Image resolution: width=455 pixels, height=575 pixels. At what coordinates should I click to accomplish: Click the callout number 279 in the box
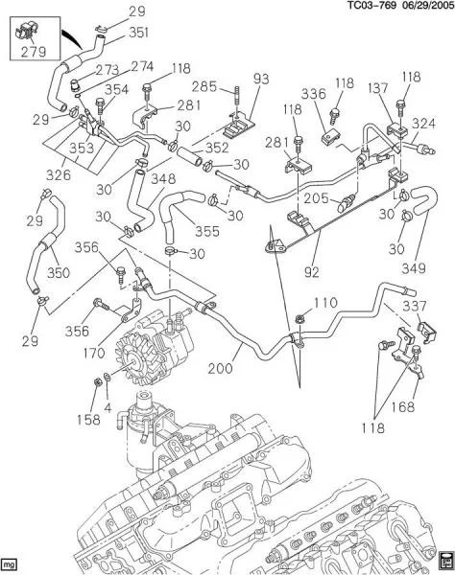pos(34,52)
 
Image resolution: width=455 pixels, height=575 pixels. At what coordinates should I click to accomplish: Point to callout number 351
pos(138,33)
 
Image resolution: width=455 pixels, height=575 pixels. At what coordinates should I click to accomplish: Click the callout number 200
pos(221,369)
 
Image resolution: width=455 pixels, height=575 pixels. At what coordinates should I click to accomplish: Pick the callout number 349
pos(414,268)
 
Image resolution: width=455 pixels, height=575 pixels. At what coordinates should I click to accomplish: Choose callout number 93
pos(261,79)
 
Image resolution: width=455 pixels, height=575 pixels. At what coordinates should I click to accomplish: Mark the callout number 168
pos(402,406)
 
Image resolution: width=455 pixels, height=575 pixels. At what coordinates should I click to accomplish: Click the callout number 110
pos(325,303)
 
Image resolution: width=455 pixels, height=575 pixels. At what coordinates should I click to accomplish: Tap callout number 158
pos(88,419)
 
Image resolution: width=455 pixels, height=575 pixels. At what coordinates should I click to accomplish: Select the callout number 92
pos(312,272)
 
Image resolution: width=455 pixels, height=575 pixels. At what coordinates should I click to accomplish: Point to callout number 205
pos(316,198)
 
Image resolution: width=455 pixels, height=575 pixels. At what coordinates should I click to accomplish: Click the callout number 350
pos(59,272)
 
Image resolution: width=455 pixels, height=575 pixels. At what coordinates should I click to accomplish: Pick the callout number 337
pos(415,306)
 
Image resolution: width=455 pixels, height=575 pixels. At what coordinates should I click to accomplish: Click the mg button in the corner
pos(10,563)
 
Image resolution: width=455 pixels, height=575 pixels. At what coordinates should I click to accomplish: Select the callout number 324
pos(423,124)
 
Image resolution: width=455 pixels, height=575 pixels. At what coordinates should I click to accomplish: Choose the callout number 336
pos(314,94)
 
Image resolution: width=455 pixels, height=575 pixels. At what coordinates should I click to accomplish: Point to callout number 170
pos(94,353)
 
